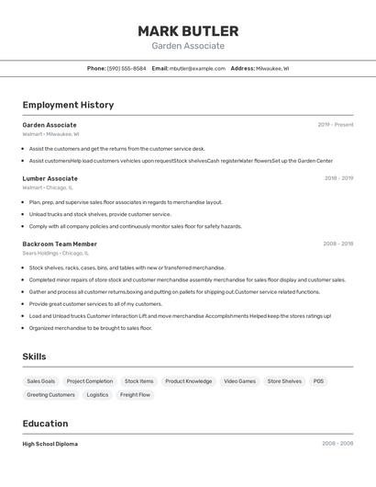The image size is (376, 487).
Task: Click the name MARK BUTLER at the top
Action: pos(188,30)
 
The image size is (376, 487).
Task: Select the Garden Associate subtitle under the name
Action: pos(188,46)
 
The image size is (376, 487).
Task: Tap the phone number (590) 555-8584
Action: pos(127,68)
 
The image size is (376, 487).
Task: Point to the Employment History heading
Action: pos(68,105)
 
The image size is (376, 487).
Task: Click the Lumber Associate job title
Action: pos(50,178)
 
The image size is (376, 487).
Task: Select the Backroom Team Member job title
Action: pos(60,243)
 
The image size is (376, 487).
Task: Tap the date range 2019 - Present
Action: pos(336,125)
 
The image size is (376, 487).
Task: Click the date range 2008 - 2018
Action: pos(337,243)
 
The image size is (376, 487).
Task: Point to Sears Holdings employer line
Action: pos(55,253)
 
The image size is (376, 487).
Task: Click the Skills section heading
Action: pos(35,357)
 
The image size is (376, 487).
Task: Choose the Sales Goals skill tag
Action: pos(40,381)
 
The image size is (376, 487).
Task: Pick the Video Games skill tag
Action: pos(240,381)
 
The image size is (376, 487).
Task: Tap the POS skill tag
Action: pos(318,381)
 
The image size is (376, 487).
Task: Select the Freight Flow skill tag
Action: pos(135,395)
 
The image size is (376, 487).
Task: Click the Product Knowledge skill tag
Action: pos(188,381)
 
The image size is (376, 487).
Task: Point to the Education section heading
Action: pos(45,424)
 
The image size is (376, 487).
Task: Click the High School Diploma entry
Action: pos(50,444)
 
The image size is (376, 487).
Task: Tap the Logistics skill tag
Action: pos(97,395)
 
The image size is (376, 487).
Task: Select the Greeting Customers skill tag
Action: pos(50,395)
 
